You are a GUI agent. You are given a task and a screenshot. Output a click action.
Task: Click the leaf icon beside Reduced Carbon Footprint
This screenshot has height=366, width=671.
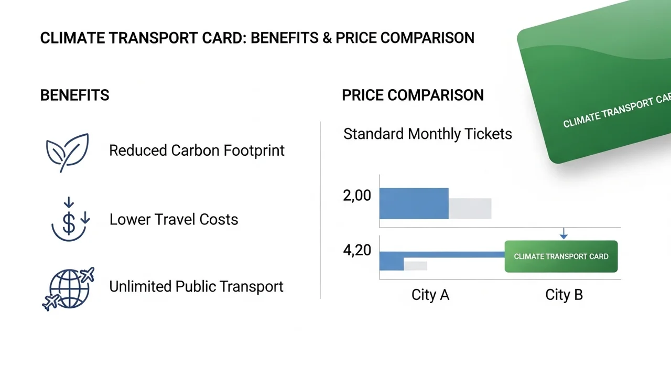[67, 152]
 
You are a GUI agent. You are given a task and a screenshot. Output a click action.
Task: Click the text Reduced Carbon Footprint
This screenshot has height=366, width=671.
[197, 150]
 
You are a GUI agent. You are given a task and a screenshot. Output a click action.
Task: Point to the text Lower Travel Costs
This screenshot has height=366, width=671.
[174, 219]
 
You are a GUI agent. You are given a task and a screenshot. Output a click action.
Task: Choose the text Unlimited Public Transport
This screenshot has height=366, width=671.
[196, 287]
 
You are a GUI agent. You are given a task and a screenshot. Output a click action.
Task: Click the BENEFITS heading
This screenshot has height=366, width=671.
[74, 95]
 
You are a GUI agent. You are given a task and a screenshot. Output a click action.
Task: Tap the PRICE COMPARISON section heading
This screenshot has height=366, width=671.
[413, 95]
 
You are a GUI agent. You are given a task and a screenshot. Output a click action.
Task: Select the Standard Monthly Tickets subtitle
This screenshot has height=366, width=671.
[427, 134]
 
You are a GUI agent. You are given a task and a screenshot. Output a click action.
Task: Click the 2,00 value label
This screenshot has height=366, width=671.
[356, 196]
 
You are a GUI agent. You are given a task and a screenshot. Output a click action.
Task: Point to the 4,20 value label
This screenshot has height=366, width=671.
[356, 250]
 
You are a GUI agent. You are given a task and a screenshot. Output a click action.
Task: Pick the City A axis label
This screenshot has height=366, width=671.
[430, 295]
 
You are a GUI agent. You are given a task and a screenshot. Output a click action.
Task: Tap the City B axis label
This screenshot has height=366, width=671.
[564, 295]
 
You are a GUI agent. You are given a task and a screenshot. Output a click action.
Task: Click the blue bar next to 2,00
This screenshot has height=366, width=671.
[414, 203]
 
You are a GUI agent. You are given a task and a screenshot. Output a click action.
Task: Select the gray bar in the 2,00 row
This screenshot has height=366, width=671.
[470, 208]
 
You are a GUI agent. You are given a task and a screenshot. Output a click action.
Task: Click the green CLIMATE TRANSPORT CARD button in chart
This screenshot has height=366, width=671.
[561, 256]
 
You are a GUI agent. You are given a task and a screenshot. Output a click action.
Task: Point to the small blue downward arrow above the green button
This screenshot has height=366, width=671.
[564, 233]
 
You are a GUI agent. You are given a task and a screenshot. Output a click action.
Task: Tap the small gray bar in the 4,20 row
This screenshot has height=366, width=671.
[415, 265]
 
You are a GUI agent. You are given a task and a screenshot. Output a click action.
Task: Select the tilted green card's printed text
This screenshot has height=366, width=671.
[616, 112]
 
